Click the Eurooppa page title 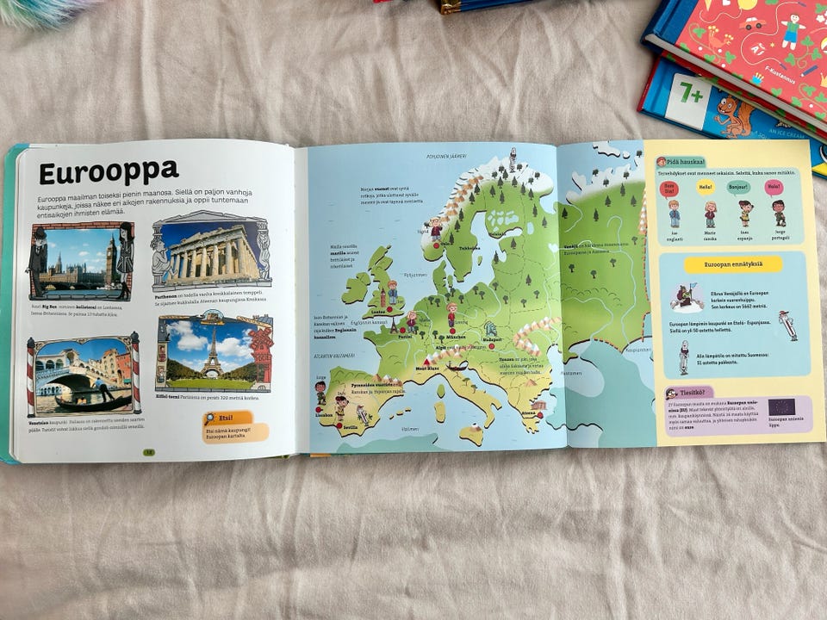click(109, 171)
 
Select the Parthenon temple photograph click(212, 255)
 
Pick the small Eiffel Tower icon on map click(395, 325)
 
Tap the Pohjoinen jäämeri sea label click(447, 156)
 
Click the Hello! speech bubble click(706, 187)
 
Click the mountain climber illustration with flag click(686, 297)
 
